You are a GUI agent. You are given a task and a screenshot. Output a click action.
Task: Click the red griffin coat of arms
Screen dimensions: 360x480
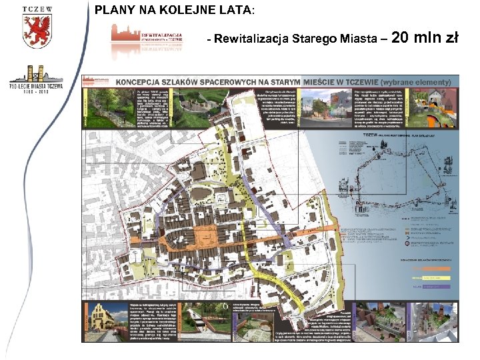37,31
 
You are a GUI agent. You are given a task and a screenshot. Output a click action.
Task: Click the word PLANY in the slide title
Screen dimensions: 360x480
113,10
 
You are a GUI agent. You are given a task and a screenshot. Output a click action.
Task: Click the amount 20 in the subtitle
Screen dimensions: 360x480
405,37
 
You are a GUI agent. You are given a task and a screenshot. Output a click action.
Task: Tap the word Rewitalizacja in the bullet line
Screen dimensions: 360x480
251,39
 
